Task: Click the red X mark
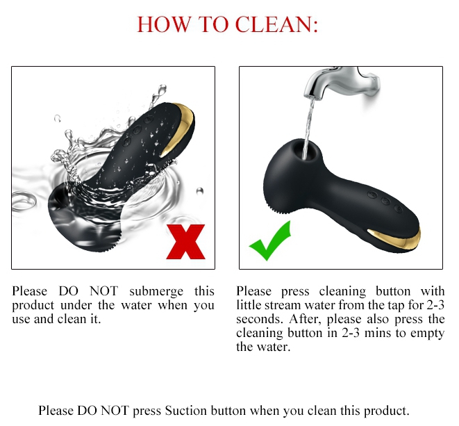pyautogui.click(x=186, y=242)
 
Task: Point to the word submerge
pyautogui.click(x=156, y=292)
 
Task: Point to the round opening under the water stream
pyautogui.click(x=306, y=150)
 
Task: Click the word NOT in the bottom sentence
pyautogui.click(x=115, y=411)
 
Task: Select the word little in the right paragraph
pyautogui.click(x=249, y=305)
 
